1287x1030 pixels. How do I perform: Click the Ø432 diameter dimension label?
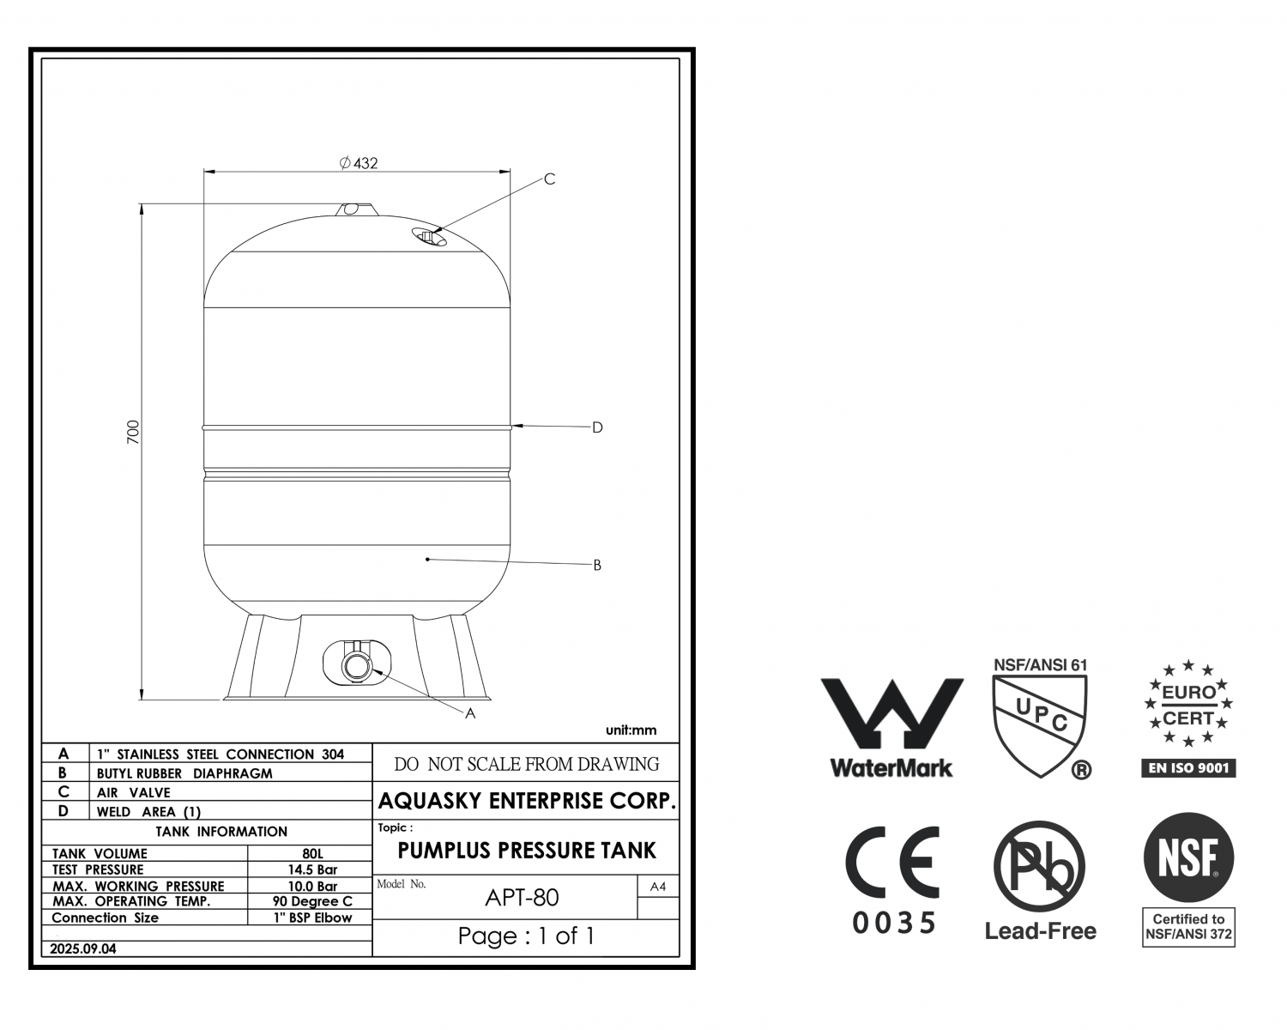359,163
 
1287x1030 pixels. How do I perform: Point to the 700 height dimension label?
133,432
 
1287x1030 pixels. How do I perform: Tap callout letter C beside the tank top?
550,179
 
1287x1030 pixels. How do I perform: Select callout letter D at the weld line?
597,427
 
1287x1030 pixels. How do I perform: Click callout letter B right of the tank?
597,565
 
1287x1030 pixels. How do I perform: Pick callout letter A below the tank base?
470,713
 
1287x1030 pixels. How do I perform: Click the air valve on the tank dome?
429,237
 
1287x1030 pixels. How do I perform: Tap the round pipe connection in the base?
357,666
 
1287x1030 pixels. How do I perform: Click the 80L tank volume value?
312,853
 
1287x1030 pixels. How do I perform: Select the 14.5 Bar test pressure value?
312,869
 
